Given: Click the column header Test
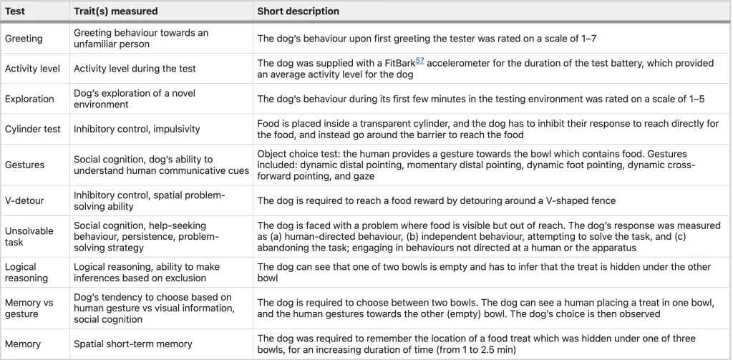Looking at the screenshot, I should point(15,11).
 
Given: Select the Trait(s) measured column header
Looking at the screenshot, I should point(115,11).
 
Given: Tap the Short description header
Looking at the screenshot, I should point(298,11).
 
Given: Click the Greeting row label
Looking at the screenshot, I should point(24,39).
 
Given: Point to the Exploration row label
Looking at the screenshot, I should point(29,99).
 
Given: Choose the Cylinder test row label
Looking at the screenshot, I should point(33,129).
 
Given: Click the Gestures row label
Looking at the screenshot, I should point(24,165).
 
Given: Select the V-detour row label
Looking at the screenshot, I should point(24,200).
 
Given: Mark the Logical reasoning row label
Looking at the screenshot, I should point(26,272).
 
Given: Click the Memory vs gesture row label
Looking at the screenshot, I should point(29,308).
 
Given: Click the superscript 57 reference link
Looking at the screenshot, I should point(420,60).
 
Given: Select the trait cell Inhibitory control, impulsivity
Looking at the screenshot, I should point(137,129).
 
